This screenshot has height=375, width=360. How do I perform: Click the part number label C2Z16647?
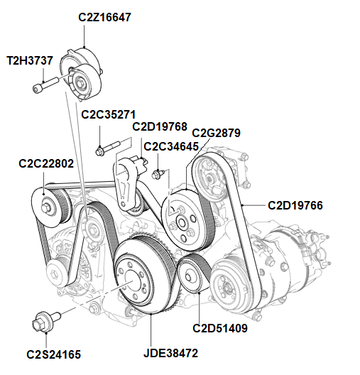104,16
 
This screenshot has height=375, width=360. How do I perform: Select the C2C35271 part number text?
108,114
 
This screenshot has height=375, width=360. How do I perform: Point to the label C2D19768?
160,127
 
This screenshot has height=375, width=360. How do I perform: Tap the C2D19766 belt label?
295,205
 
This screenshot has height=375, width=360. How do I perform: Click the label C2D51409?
220,328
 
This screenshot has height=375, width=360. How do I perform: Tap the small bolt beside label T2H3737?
42,88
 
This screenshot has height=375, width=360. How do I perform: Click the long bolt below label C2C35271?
104,149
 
